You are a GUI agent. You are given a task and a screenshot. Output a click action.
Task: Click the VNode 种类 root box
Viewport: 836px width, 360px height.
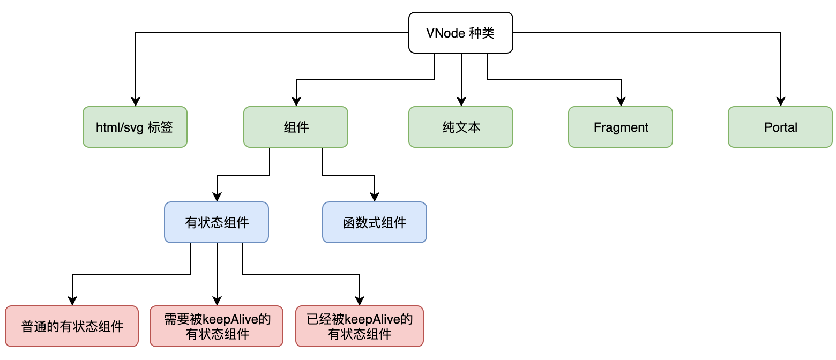point(460,33)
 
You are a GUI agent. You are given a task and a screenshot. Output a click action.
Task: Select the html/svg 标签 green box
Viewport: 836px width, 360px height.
point(135,127)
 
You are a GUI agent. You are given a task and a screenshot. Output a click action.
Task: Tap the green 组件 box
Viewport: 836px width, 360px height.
point(295,127)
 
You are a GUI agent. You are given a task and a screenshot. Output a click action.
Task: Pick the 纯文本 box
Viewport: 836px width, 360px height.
point(460,127)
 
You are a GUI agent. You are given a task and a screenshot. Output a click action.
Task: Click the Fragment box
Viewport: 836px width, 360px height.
point(620,127)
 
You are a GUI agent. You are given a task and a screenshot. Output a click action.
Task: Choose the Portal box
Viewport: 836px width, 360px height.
point(780,127)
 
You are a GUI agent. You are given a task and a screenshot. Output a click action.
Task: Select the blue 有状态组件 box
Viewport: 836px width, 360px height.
point(216,222)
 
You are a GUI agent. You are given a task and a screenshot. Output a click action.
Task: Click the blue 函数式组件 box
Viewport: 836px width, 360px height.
point(374,222)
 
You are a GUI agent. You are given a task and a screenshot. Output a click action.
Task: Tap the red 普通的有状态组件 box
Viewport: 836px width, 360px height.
point(72,326)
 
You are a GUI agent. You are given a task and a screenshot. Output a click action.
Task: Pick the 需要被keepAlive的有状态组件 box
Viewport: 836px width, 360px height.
point(217,326)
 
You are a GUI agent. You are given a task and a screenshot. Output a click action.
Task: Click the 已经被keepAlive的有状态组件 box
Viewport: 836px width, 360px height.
point(359,326)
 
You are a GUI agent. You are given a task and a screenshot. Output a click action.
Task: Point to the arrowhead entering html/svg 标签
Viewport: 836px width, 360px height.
point(136,102)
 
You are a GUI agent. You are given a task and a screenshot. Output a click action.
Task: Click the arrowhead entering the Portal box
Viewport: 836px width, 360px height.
point(781,102)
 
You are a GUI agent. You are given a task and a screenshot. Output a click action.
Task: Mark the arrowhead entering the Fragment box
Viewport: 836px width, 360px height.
point(621,102)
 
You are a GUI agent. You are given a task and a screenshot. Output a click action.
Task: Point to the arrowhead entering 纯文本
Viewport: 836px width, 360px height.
point(461,102)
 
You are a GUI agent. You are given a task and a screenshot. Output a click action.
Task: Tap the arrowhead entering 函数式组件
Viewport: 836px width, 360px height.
point(375,197)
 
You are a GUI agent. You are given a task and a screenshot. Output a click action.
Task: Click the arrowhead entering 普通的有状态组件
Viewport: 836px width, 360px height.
point(72,301)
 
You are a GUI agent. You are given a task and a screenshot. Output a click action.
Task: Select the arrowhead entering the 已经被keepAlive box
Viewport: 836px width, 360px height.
point(360,301)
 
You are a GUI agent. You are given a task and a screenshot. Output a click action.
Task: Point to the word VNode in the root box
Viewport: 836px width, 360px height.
point(442,33)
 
